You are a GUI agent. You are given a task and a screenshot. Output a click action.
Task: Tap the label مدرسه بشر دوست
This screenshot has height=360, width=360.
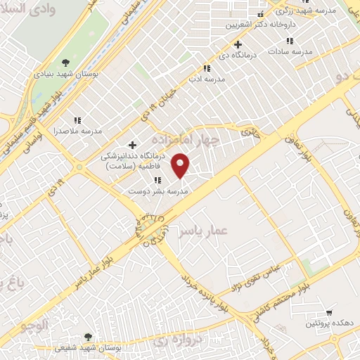(x=158, y=191)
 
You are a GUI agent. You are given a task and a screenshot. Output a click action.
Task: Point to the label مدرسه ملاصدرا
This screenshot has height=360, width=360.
(x=78, y=131)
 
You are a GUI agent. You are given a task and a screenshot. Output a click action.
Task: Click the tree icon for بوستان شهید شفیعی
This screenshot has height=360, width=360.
(x=88, y=337)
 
